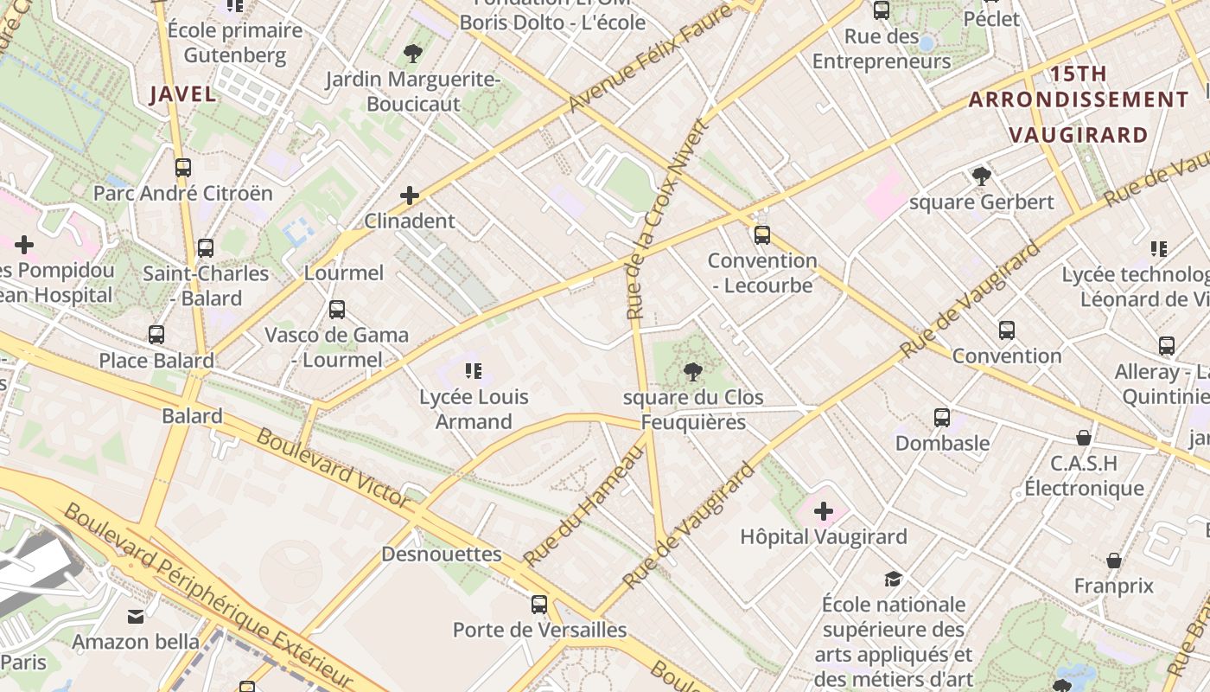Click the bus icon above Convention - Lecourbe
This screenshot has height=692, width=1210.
click(x=761, y=234)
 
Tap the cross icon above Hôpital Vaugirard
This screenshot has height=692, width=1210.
click(x=824, y=511)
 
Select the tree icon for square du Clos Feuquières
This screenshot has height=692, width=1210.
click(x=692, y=372)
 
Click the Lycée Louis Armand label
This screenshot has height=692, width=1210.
click(x=474, y=409)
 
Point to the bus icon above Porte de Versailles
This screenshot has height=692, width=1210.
click(x=539, y=604)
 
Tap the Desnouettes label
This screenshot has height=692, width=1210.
click(x=441, y=554)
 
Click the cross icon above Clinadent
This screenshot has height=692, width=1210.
click(x=410, y=195)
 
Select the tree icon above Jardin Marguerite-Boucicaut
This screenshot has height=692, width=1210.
click(x=413, y=54)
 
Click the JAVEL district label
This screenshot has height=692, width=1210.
click(x=182, y=94)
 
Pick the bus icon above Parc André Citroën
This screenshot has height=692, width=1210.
click(x=182, y=168)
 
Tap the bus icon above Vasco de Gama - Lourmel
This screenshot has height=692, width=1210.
click(x=337, y=309)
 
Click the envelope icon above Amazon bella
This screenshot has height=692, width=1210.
click(x=136, y=617)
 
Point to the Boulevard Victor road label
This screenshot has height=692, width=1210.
click(x=333, y=468)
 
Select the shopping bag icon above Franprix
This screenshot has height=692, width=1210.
click(x=1114, y=561)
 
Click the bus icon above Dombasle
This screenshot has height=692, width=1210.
click(x=942, y=418)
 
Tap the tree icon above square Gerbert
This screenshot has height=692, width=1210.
click(x=981, y=176)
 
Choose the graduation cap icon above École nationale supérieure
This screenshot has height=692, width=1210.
click(x=893, y=579)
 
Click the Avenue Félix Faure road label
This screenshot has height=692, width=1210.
click(x=650, y=59)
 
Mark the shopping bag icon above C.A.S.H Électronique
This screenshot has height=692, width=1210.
click(x=1084, y=438)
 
